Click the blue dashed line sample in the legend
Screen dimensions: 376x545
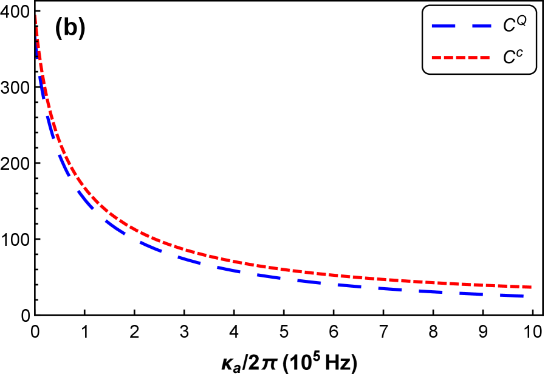tap(462, 26)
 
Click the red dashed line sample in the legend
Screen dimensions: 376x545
tap(461, 58)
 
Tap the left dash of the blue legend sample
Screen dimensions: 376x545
tap(443, 26)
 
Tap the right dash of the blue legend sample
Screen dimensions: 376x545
tap(482, 26)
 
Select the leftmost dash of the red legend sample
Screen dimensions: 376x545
tap(435, 58)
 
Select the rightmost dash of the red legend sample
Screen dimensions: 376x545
tap(484, 58)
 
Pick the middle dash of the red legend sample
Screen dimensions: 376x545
tap(460, 58)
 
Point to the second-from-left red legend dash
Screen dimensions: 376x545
tap(448, 58)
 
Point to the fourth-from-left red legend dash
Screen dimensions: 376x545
tap(472, 58)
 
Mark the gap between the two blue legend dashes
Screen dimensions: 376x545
tap(463, 26)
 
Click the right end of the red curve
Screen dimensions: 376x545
tap(531, 287)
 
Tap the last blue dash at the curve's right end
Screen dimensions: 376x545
tap(512, 296)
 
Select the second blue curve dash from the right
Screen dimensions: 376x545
tap(471, 294)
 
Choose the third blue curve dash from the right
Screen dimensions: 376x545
tap(430, 292)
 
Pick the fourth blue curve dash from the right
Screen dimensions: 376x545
tap(389, 289)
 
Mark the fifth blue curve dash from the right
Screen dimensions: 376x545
tap(349, 285)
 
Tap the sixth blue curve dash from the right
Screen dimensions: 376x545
tap(309, 282)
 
